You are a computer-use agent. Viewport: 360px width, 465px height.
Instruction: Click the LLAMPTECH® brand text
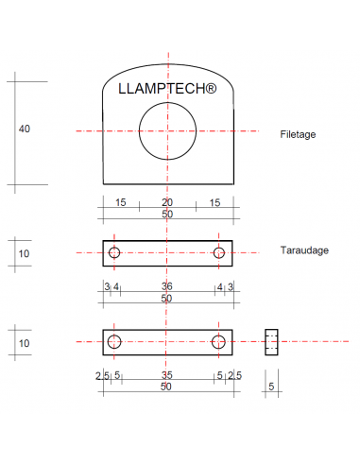pos(167,90)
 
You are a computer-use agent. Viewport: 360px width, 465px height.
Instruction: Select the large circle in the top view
pos(167,131)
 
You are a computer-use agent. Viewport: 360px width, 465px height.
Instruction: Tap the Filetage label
pos(298,134)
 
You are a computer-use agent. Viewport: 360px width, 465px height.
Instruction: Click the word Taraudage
pos(303,251)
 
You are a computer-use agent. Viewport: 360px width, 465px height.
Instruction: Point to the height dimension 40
pos(24,129)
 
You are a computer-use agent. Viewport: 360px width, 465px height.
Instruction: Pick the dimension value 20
pos(167,203)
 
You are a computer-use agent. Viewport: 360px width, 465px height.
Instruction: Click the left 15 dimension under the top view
pos(121,203)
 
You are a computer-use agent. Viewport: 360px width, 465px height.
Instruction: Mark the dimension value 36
pos(167,286)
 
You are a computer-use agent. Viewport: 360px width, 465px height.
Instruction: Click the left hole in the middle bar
pos(114,252)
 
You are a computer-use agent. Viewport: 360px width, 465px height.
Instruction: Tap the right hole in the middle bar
pos(219,252)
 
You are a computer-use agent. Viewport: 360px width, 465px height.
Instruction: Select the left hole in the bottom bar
pos(114,341)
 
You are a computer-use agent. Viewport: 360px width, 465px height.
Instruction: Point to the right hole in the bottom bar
pos(218,341)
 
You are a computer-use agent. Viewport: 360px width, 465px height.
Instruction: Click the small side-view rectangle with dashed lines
pos(271,341)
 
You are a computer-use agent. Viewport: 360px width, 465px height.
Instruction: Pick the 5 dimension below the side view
pos(271,387)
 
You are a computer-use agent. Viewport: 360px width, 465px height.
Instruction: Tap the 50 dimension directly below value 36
pos(167,299)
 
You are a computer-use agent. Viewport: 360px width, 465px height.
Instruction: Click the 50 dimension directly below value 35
pos(167,387)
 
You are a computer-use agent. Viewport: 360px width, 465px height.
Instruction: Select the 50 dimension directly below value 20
pos(167,215)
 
